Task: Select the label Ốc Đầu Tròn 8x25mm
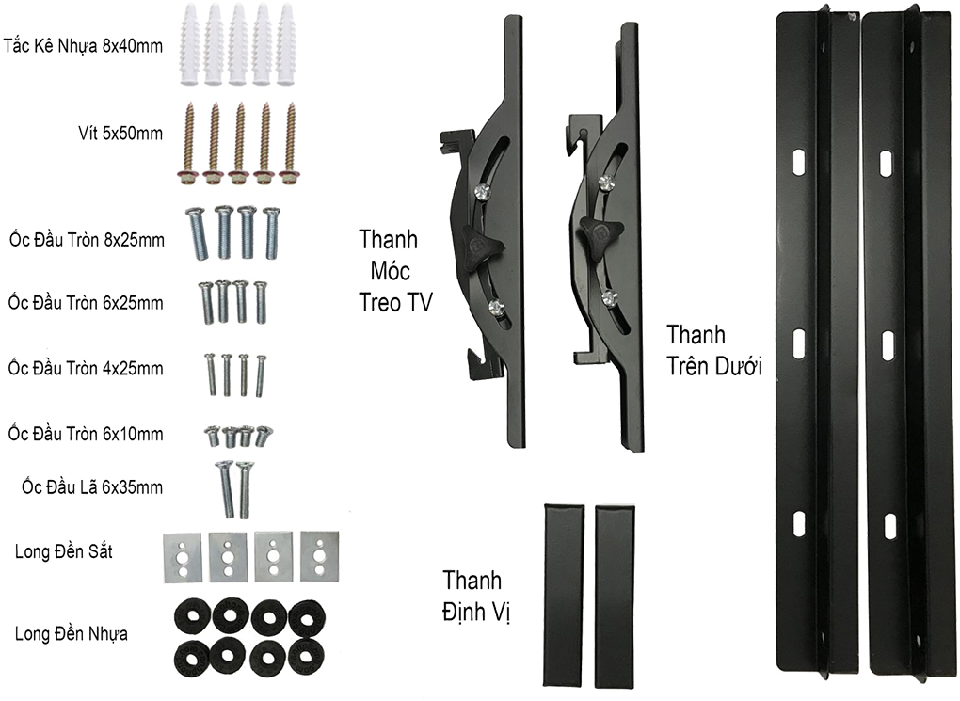pyautogui.click(x=86, y=240)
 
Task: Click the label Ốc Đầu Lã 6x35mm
pyautogui.click(x=93, y=486)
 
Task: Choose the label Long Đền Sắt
pyautogui.click(x=63, y=551)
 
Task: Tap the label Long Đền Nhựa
pyautogui.click(x=72, y=633)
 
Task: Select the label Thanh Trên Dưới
pyautogui.click(x=713, y=351)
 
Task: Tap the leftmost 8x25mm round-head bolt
pyautogui.click(x=199, y=233)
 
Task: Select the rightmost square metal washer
pyautogui.click(x=320, y=555)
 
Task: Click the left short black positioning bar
pyautogui.click(x=564, y=596)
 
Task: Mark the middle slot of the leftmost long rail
pyautogui.click(x=798, y=343)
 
